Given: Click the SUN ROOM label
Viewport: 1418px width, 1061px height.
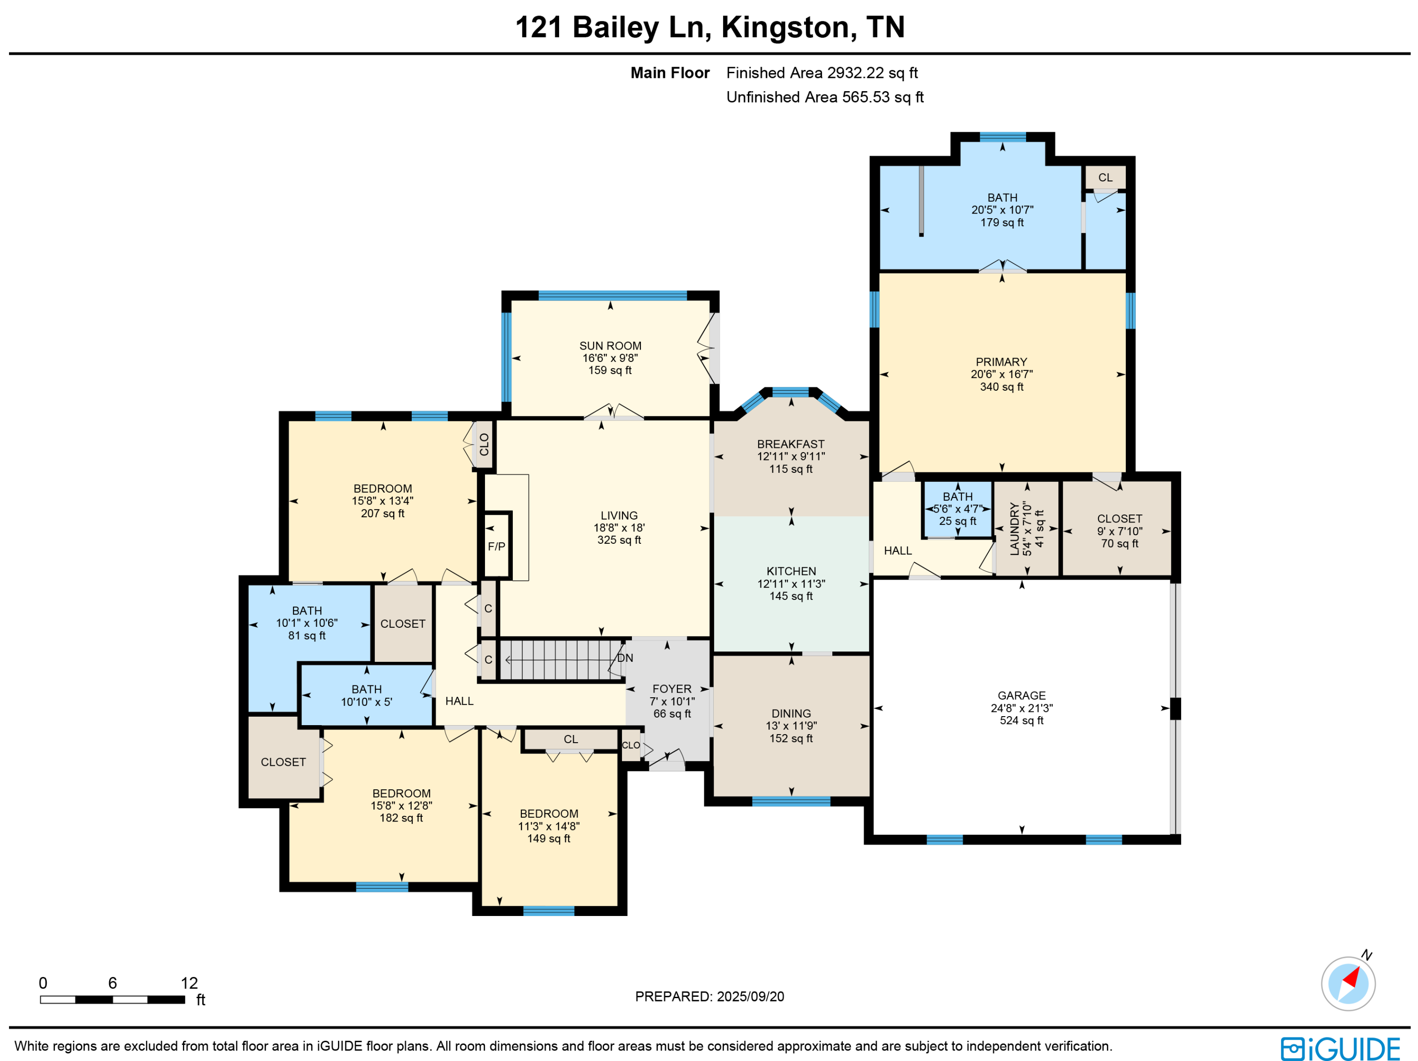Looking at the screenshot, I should coord(610,346).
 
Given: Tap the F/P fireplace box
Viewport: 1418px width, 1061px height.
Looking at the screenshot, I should coord(496,546).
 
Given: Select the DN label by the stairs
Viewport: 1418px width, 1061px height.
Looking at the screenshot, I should coord(625,658).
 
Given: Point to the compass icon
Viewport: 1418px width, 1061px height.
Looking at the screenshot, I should coord(1348,984).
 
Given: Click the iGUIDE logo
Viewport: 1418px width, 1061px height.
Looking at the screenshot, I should coord(1340,1048).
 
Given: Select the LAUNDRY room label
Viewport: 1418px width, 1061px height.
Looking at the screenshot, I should coord(1014,529).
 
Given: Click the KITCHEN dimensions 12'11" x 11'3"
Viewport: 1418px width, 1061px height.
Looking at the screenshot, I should coord(791,584).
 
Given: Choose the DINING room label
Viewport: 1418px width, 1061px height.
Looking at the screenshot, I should coord(791,713).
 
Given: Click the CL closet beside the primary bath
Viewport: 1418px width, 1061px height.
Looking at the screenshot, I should coord(1105,178).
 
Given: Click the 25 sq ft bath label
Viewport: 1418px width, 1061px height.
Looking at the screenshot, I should coord(958,521).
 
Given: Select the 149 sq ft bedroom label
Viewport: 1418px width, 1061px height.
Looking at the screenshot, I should coord(549,839).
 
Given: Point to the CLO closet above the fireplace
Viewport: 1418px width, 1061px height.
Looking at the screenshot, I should coord(484,445).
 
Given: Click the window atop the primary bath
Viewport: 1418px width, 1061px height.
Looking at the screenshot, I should coord(1003,137).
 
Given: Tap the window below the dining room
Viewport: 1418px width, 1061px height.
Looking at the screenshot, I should coord(791,802).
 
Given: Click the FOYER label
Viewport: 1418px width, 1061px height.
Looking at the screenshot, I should coord(672,689).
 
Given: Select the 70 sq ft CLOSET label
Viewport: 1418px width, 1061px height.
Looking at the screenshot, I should coord(1119,543).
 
